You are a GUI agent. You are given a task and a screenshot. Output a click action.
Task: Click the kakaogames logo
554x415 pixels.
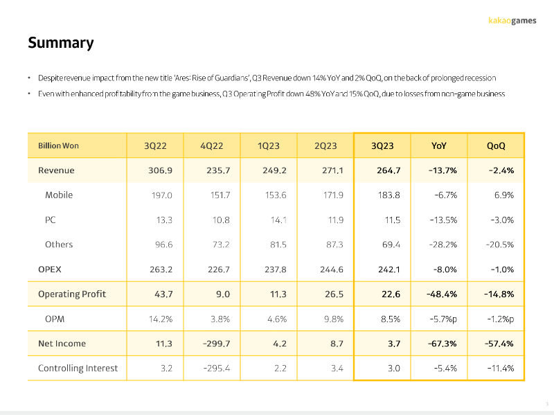point(512,21)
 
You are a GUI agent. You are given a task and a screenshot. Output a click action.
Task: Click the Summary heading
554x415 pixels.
point(61,43)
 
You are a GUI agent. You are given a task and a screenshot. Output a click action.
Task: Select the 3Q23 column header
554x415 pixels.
point(382,145)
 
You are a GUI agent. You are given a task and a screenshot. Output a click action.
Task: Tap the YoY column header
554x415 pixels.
point(439,145)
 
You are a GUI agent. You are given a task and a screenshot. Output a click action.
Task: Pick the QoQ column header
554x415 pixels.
point(496,145)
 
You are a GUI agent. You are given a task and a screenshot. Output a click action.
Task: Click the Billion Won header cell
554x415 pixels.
point(58,145)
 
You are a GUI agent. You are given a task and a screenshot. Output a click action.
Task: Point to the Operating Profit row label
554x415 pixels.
point(72,294)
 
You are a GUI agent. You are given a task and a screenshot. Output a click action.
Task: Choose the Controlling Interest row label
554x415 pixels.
point(78,369)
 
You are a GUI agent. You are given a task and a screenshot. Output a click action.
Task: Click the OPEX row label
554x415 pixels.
point(49,270)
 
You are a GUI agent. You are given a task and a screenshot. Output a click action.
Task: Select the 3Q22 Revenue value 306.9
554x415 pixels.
point(161,170)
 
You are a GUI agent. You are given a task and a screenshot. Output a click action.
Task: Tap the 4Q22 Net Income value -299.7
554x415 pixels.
point(216,344)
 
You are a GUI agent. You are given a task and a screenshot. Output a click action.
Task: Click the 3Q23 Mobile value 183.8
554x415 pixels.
point(388,195)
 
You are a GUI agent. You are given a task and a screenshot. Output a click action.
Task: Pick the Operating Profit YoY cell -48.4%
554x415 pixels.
point(442,294)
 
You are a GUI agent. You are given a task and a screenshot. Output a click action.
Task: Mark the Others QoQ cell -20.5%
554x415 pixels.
point(499,245)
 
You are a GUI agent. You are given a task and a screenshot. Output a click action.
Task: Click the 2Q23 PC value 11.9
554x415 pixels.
point(335,220)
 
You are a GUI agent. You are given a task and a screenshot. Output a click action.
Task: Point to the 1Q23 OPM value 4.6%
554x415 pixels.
point(277,319)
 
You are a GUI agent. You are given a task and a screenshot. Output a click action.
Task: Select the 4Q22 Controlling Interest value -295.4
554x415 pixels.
point(217,369)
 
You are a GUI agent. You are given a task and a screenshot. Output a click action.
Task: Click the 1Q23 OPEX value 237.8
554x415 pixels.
point(276,270)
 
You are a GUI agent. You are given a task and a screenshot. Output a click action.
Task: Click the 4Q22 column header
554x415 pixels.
point(212,145)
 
